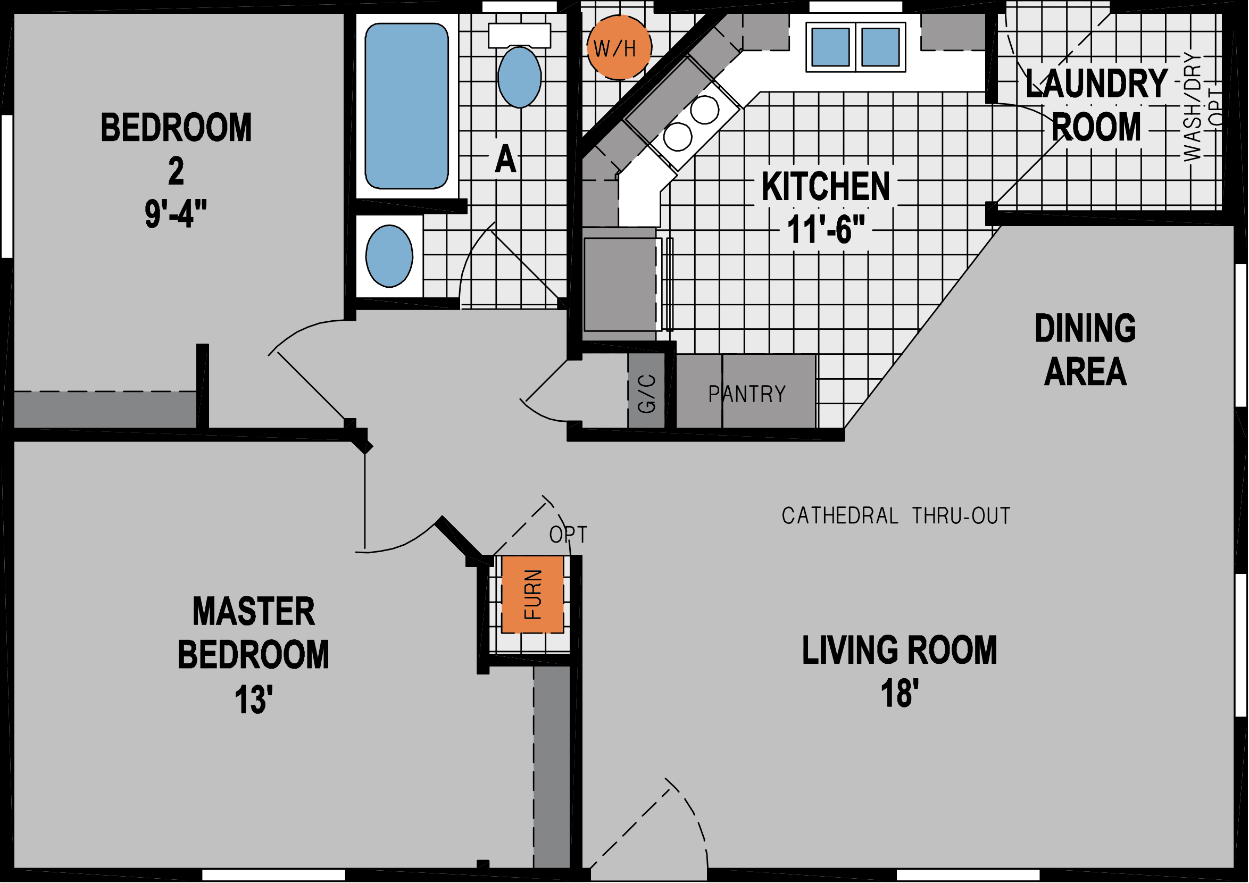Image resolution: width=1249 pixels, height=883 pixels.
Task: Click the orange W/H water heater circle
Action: (x=619, y=48)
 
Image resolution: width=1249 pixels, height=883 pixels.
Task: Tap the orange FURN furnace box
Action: (x=532, y=594)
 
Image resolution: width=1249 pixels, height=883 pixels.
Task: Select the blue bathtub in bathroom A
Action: (x=406, y=106)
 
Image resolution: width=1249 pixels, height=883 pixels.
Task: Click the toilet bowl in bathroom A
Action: (x=520, y=77)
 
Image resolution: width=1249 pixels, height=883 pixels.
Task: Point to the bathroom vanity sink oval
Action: (x=389, y=256)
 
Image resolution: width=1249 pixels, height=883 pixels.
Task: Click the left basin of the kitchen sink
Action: (x=830, y=47)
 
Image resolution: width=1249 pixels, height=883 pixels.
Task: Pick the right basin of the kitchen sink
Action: (x=880, y=47)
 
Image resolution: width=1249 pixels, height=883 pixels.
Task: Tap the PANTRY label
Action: (x=747, y=394)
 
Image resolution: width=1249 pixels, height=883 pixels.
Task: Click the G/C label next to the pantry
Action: (x=646, y=394)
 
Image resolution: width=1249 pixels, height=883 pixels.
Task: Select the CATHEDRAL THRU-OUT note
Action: (x=896, y=516)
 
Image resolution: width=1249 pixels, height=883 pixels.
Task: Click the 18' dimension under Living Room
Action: (x=899, y=694)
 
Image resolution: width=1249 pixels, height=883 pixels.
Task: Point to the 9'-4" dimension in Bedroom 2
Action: (x=176, y=214)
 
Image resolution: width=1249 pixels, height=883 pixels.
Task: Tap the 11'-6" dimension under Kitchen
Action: (x=825, y=230)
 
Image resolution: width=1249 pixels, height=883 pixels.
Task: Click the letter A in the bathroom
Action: (x=505, y=160)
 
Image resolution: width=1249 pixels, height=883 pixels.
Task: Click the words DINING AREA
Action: (x=1085, y=350)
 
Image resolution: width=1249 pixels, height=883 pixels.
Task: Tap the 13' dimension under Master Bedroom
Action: (x=253, y=699)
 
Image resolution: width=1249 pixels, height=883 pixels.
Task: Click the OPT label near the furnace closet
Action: (x=568, y=535)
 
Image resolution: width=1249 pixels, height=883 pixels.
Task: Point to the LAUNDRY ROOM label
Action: (x=1096, y=105)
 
